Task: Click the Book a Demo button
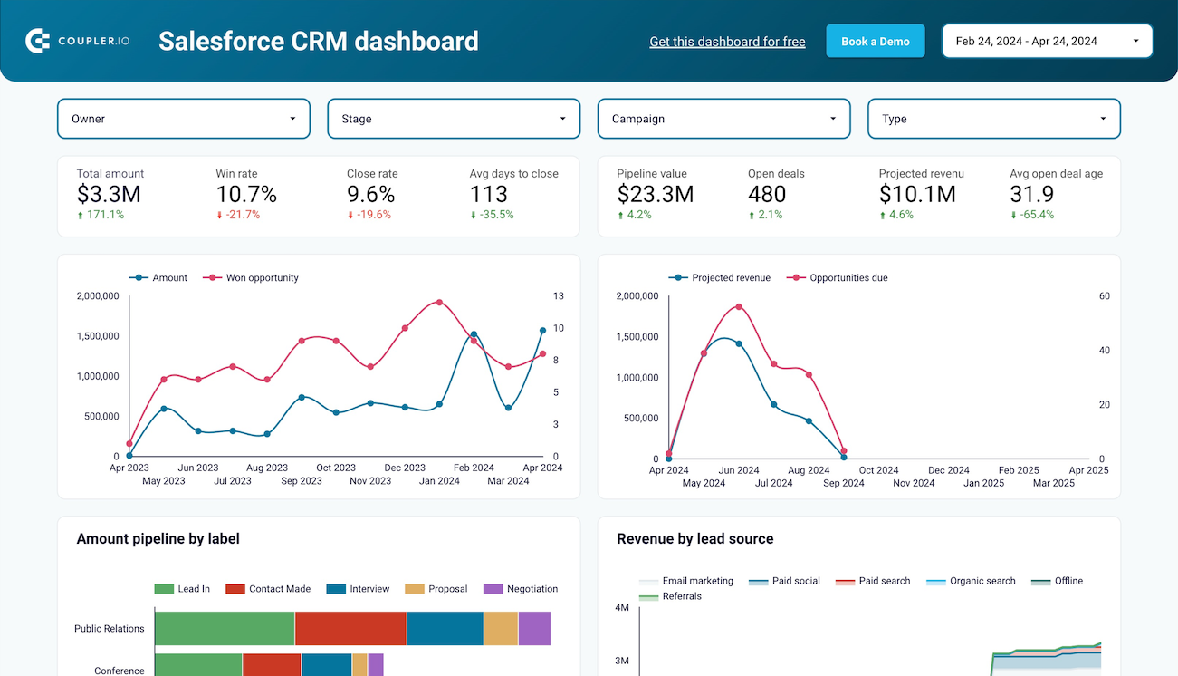875,42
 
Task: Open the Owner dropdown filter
184,119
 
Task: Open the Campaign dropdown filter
723,119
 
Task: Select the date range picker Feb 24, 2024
1047,41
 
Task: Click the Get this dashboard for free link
727,42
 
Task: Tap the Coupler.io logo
78,41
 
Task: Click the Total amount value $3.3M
109,194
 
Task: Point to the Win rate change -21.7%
238,215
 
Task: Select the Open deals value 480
767,194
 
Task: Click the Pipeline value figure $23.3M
656,194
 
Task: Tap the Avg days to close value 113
488,194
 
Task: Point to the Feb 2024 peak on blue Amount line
474,334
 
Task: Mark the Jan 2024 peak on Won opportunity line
439,302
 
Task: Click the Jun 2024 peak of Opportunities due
739,306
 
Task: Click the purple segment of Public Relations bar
534,628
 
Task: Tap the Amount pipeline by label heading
158,539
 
